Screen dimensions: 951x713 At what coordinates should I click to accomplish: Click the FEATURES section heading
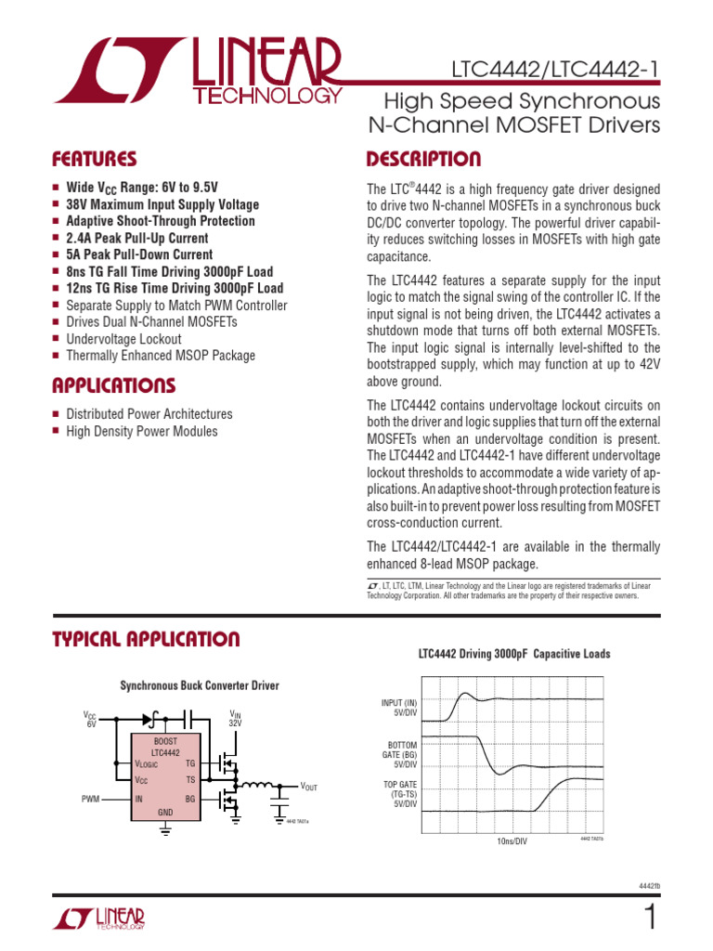[95, 159]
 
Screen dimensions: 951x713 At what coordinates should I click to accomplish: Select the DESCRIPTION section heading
[423, 159]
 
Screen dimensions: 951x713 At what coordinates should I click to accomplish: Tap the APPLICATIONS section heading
[113, 385]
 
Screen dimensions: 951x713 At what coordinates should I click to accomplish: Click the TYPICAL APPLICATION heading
[146, 639]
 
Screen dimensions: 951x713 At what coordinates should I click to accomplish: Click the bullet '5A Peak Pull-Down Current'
[139, 254]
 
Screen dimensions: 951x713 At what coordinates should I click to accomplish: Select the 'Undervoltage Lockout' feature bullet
[123, 339]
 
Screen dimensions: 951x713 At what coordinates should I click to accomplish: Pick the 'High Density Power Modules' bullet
[142, 431]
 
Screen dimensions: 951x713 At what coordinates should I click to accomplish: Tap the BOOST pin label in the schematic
[165, 741]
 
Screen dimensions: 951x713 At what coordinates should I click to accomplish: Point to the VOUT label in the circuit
[308, 788]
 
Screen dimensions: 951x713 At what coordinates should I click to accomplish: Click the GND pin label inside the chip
[165, 813]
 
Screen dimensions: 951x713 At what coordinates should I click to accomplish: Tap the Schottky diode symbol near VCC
[148, 717]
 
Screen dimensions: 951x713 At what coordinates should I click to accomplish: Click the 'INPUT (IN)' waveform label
[399, 707]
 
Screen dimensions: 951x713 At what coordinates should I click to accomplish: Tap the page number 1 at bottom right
[649, 918]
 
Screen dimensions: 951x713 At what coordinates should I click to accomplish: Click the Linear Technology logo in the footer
[99, 918]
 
